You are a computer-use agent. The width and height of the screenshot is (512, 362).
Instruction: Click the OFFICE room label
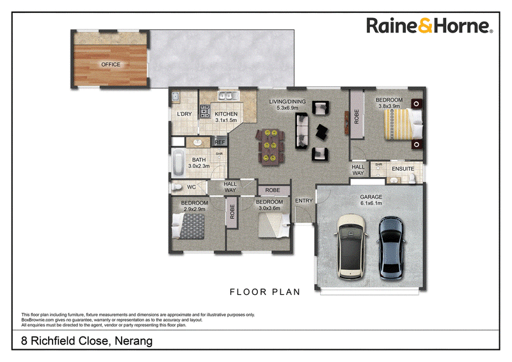111,65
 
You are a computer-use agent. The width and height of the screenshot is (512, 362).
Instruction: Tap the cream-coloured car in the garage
351,247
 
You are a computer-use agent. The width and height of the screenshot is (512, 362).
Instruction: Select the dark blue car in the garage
391,248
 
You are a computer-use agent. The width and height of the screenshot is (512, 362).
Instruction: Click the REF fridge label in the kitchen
220,142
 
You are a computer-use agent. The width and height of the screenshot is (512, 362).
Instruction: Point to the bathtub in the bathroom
179,163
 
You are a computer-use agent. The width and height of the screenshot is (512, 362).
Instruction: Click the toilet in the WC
177,187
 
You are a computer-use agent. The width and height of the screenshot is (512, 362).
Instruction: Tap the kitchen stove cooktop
205,111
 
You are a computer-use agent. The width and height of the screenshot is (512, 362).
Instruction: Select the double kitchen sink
228,96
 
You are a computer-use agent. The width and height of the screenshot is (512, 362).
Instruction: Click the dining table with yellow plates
270,146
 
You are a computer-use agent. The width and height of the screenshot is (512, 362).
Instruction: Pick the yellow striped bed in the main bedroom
404,124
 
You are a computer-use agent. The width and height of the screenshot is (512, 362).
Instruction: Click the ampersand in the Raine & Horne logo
425,26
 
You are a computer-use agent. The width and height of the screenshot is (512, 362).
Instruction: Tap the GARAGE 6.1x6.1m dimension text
371,203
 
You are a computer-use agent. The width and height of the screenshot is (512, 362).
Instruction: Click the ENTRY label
304,201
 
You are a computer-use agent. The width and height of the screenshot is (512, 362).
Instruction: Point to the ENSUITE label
403,169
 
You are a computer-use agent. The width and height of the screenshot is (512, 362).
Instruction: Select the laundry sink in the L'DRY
175,97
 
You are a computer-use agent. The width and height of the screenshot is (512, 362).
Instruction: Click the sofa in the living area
301,131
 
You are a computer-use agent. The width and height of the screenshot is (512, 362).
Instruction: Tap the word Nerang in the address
134,341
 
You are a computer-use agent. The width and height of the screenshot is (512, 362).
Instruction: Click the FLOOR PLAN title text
265,292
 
